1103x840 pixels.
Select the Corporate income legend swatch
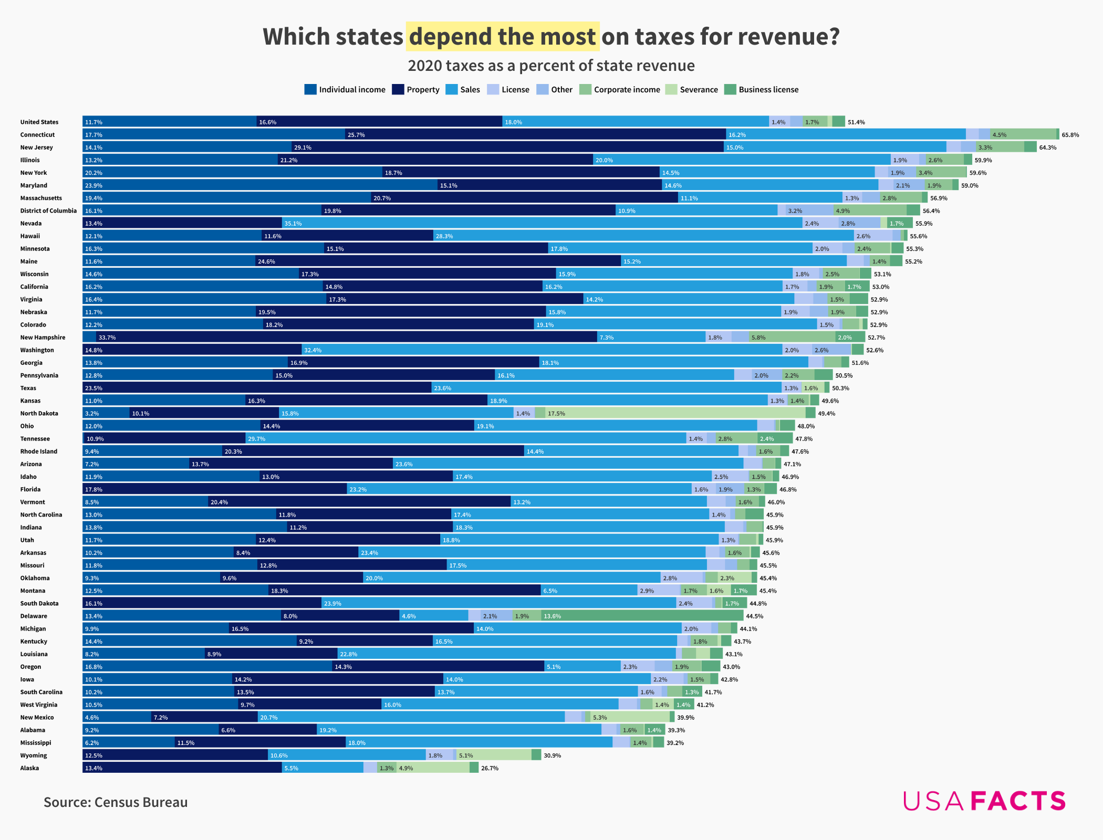click(585, 90)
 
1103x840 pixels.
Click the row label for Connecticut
click(37, 135)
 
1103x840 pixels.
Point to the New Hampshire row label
click(43, 338)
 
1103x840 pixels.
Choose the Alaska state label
click(29, 768)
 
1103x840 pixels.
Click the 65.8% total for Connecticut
click(1070, 135)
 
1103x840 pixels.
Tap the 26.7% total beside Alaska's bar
click(490, 768)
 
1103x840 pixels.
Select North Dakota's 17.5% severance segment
click(675, 413)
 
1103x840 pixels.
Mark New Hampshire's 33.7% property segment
click(347, 338)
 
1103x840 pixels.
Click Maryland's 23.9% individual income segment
click(260, 185)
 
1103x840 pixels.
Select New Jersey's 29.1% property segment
click(507, 148)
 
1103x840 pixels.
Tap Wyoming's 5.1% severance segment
click(494, 755)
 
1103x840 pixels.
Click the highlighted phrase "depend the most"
click(503, 37)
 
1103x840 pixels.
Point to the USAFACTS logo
click(984, 801)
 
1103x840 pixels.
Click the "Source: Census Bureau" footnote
click(116, 802)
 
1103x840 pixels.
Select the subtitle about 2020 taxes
click(551, 66)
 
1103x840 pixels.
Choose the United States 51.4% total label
click(856, 122)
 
